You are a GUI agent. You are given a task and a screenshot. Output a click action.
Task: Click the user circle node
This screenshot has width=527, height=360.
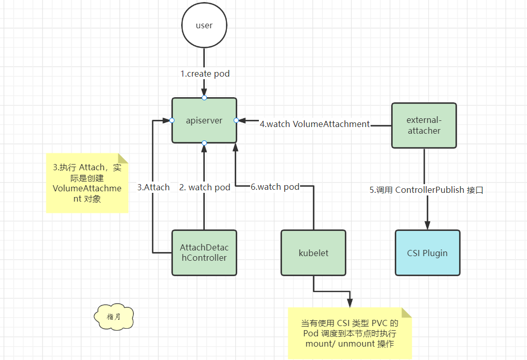pyautogui.click(x=204, y=26)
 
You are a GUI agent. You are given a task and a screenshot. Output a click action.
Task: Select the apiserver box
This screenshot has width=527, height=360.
pyautogui.click(x=204, y=120)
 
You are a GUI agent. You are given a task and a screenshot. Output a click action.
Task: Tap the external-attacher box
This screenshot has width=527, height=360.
pyautogui.click(x=424, y=125)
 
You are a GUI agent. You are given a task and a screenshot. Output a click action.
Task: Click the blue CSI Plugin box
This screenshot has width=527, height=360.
pyautogui.click(x=427, y=253)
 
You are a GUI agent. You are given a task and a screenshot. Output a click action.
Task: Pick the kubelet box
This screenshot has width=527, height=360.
pyautogui.click(x=313, y=253)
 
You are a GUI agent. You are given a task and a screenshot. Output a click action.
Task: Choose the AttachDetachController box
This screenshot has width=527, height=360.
pyautogui.click(x=204, y=253)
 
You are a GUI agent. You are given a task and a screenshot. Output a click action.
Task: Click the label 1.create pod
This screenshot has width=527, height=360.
pyautogui.click(x=205, y=74)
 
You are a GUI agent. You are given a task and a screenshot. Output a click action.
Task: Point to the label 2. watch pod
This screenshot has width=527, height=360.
pyautogui.click(x=204, y=187)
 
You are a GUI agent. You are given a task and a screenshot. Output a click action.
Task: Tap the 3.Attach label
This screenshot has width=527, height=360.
pyautogui.click(x=153, y=187)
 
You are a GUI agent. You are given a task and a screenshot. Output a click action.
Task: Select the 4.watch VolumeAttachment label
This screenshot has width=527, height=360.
pyautogui.click(x=314, y=124)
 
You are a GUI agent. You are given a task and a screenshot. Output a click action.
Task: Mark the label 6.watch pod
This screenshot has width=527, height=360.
pyautogui.click(x=275, y=187)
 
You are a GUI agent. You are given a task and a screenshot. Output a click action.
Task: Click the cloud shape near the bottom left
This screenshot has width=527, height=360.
pyautogui.click(x=114, y=316)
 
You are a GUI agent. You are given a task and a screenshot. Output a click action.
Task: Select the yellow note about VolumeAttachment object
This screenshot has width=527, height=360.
pyautogui.click(x=86, y=183)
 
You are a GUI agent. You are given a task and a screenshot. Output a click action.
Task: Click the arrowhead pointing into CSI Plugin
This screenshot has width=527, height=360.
pyautogui.click(x=427, y=225)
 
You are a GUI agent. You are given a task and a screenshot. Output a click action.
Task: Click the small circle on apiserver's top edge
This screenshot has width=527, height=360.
pyautogui.click(x=204, y=98)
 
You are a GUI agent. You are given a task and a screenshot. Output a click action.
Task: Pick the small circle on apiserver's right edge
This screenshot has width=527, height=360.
pyautogui.click(x=236, y=120)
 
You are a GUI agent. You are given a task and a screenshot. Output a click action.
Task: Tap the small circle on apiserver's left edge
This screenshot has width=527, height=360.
pyautogui.click(x=172, y=120)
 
